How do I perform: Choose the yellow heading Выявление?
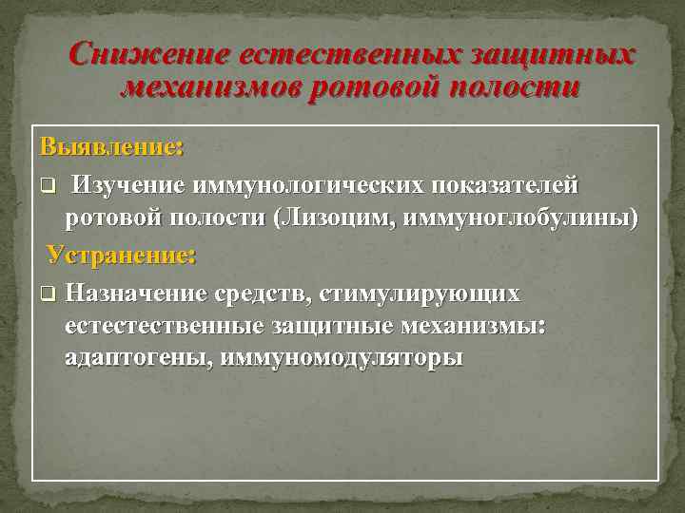pyautogui.click(x=111, y=148)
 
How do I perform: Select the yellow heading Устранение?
pyautogui.click(x=122, y=255)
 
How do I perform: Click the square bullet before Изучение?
pyautogui.click(x=47, y=183)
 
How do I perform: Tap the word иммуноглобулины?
pyautogui.click(x=519, y=218)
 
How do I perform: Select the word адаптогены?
pyautogui.click(x=136, y=359)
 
